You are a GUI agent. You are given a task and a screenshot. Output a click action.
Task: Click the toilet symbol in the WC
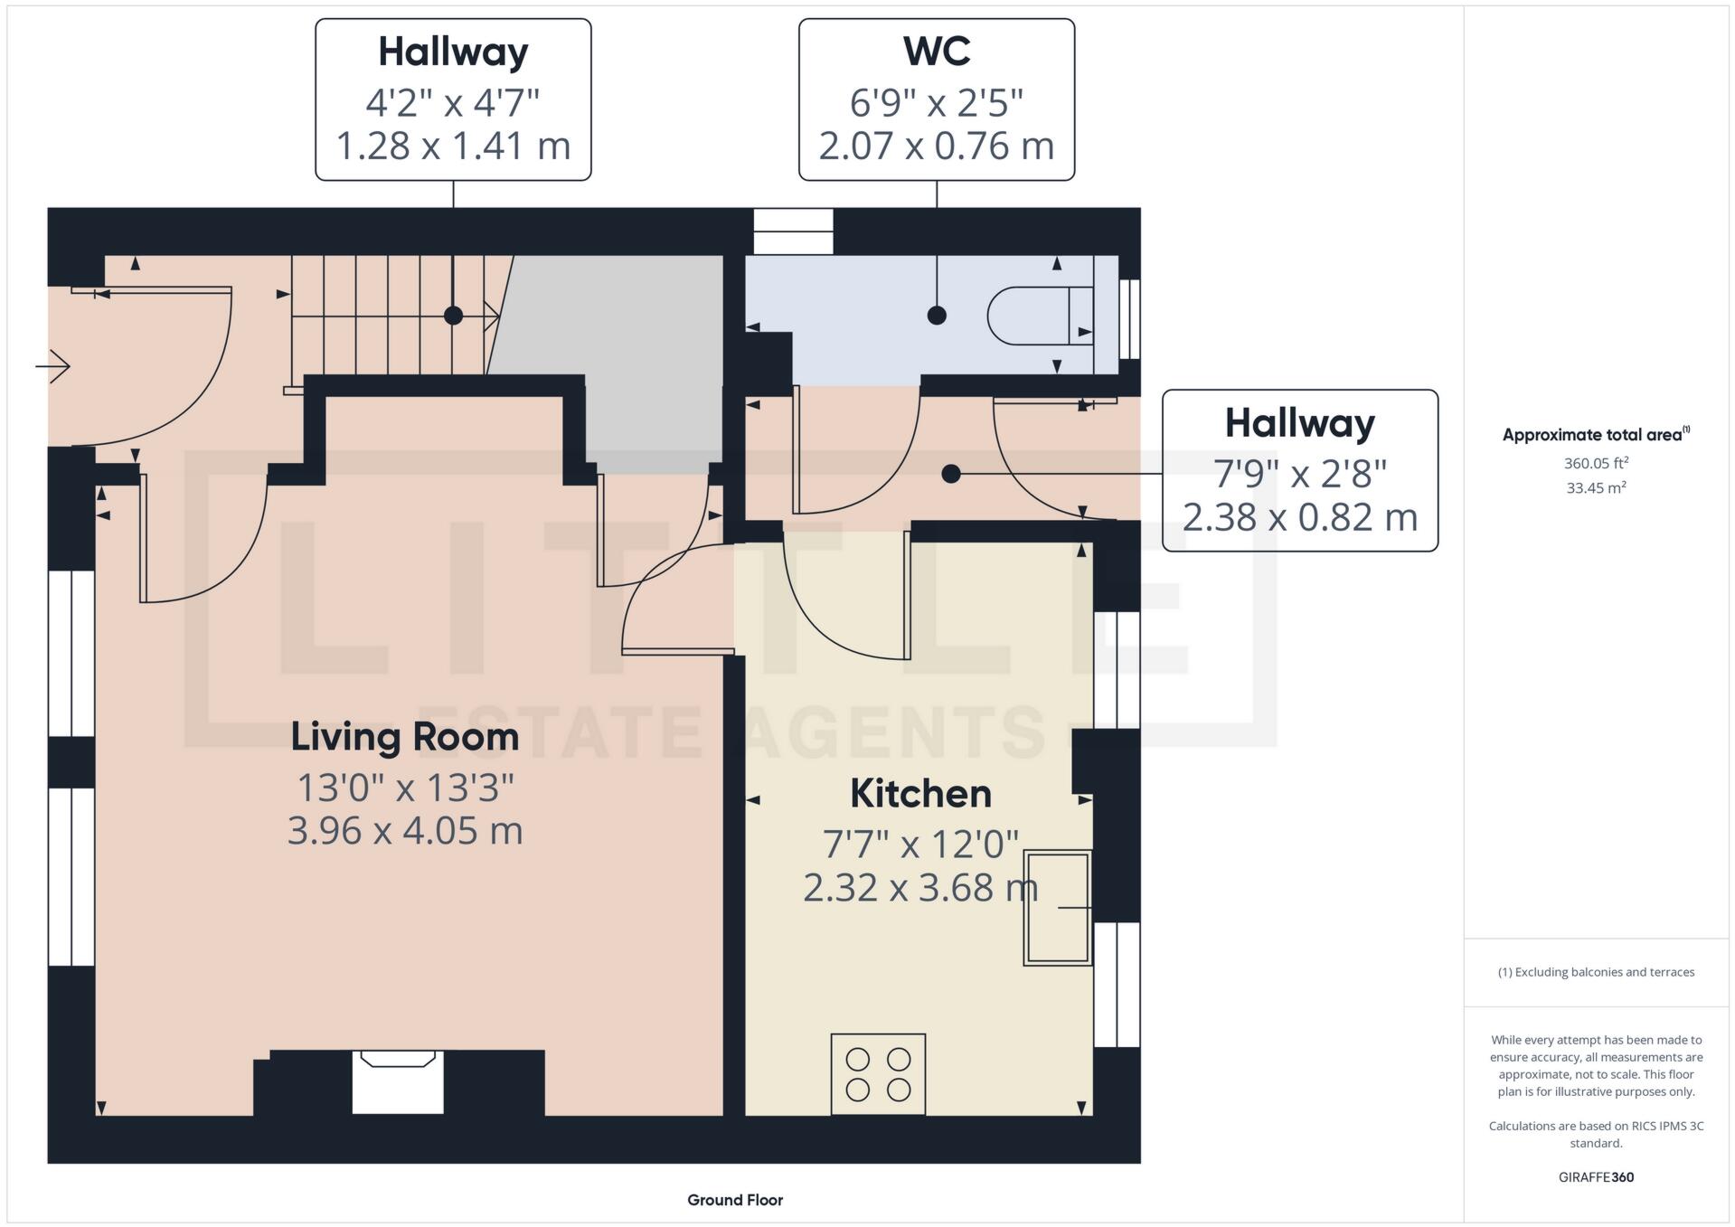coord(1040,316)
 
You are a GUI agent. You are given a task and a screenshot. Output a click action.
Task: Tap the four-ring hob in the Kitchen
coord(878,1074)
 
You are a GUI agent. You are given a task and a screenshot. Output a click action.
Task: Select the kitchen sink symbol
coord(1057,908)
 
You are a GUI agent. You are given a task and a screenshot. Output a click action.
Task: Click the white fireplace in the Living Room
coord(398,1082)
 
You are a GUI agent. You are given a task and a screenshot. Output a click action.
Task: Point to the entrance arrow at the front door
coord(53,366)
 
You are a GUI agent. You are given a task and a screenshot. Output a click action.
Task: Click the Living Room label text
coord(405,737)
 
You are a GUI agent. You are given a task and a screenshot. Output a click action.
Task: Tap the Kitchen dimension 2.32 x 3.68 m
coord(919,888)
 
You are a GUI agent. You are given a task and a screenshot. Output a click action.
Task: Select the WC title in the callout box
coord(937,52)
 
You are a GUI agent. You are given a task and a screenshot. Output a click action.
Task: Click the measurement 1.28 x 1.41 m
coord(453,146)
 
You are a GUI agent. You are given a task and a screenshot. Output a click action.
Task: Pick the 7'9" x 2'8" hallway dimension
coord(1299,474)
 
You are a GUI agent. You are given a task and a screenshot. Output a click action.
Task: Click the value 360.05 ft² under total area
coord(1596,463)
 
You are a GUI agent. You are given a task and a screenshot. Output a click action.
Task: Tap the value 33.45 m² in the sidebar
coord(1596,488)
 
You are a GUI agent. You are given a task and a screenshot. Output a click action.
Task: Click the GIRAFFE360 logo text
coord(1596,1177)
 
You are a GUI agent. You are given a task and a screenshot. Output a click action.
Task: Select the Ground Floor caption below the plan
coord(735,1200)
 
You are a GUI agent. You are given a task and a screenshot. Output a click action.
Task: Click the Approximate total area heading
coord(1592,435)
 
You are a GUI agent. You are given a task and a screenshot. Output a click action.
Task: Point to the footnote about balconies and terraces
coord(1596,972)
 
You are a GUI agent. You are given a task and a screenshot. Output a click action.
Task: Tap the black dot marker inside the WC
coord(937,316)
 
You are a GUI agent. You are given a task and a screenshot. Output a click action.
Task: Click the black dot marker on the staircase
coord(454,316)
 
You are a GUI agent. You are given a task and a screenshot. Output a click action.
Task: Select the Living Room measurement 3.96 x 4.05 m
coord(405,831)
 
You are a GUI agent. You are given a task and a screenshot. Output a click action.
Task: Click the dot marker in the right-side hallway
coord(950,474)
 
